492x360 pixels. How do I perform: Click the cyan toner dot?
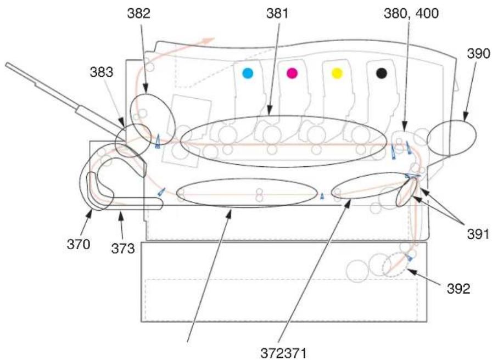coord(248,74)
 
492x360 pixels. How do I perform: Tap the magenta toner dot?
coord(292,74)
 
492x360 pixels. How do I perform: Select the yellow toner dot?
coord(337,74)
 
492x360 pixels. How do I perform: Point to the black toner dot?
coord(382,73)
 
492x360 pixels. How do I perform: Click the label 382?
coord(139,14)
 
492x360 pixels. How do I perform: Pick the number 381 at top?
coord(277,14)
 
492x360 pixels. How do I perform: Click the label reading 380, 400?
coord(411,14)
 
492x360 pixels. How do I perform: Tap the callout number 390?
coord(478,54)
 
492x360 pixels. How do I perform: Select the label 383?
coord(102,72)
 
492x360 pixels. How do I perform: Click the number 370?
coord(79,244)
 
